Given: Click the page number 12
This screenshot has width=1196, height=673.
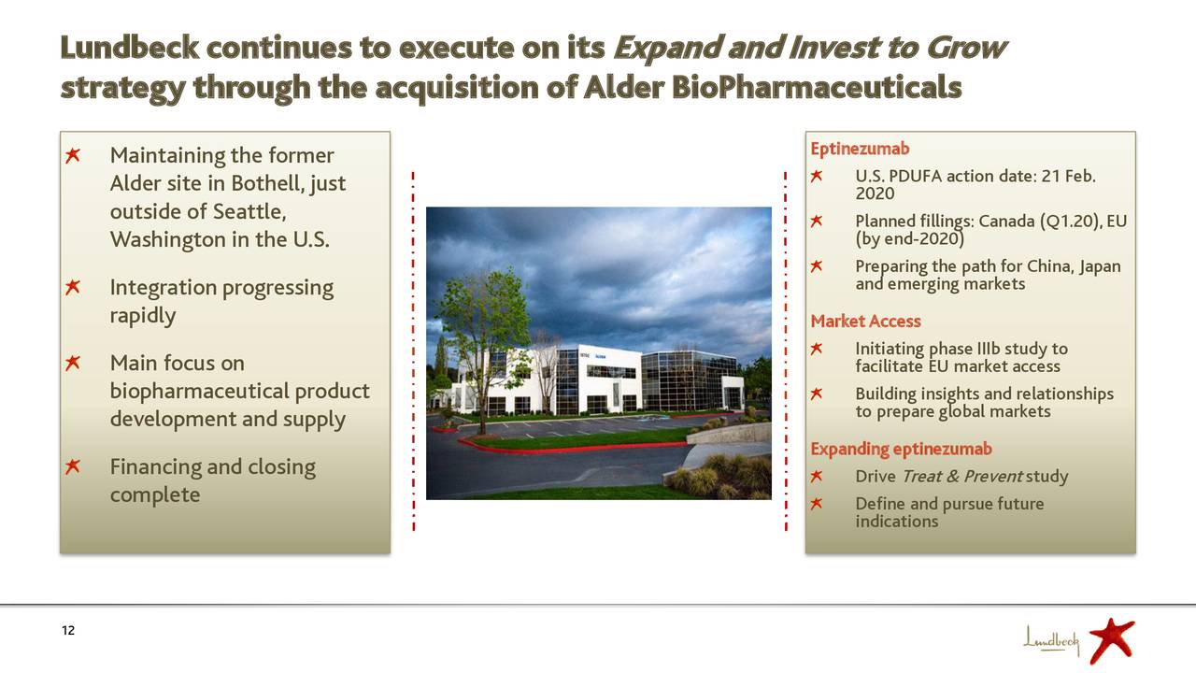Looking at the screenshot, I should click(x=67, y=631).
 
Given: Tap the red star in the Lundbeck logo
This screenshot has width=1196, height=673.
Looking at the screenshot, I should click(x=1111, y=639).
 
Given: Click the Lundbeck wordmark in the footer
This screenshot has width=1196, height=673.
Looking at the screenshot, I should click(x=1051, y=640).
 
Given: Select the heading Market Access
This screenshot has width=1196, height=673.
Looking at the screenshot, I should click(x=865, y=322).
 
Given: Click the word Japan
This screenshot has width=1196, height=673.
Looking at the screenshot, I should click(x=1098, y=267).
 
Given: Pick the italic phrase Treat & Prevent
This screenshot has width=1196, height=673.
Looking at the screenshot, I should click(x=961, y=478).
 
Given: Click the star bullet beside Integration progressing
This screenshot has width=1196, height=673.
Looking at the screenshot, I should click(x=72, y=288).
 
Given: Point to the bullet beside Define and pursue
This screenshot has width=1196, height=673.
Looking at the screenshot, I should click(x=816, y=505).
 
